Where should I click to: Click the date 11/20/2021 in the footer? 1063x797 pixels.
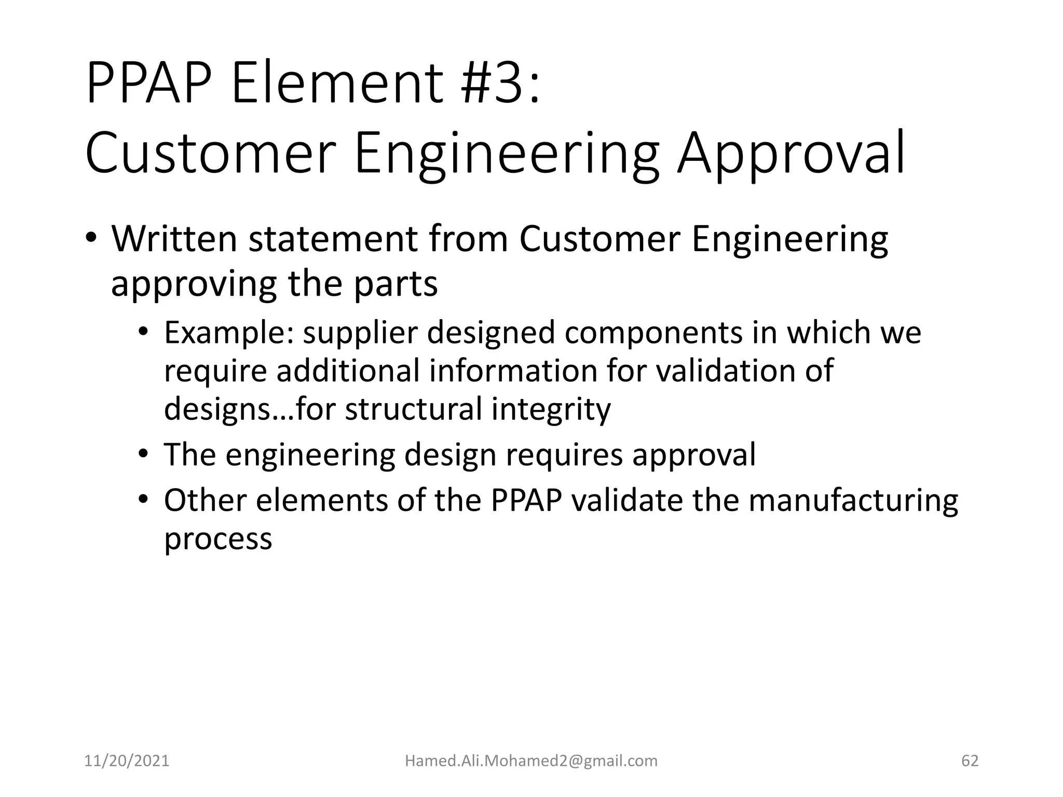point(127,761)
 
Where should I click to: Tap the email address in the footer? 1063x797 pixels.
point(531,761)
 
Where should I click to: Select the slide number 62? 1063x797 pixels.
point(970,761)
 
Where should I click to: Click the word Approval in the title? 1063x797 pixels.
point(791,154)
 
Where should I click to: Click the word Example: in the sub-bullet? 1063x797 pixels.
point(229,333)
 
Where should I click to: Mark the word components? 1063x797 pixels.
point(653,333)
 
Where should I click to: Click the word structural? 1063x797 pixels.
point(413,408)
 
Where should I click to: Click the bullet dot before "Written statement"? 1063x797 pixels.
point(91,239)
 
